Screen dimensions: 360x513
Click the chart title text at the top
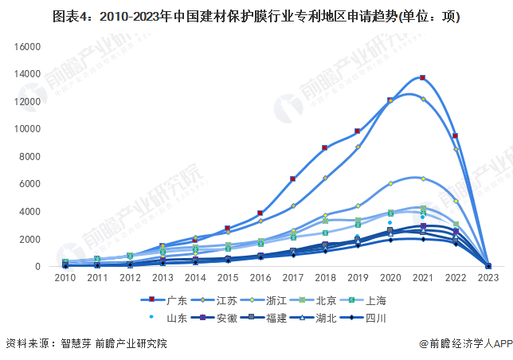coord(256,15)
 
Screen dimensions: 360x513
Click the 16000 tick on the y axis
coord(27,47)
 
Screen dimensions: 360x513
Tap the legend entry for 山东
coord(170,318)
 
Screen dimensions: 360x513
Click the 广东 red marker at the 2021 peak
coord(422,77)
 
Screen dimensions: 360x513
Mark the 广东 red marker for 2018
coord(325,147)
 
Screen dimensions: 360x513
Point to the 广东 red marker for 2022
coord(455,136)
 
